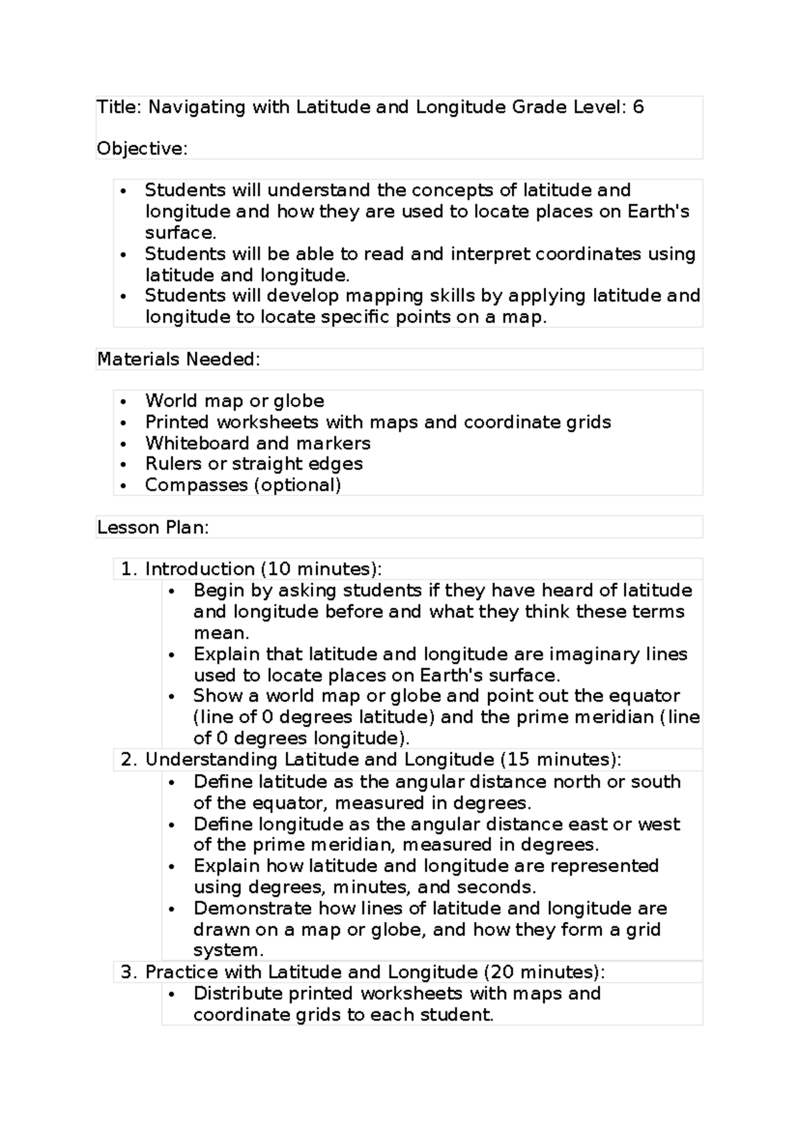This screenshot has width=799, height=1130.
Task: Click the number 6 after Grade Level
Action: click(639, 107)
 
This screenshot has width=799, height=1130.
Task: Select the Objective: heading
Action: click(142, 149)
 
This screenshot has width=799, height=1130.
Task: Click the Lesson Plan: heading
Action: click(153, 528)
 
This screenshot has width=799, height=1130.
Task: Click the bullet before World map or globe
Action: click(124, 402)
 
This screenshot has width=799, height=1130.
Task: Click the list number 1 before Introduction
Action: click(127, 569)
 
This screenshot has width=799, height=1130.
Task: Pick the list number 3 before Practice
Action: click(127, 972)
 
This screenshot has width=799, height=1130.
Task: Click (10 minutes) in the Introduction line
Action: click(321, 569)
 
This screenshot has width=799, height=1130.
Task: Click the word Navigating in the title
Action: click(196, 107)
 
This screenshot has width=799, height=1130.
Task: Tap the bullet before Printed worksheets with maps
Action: click(124, 423)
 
